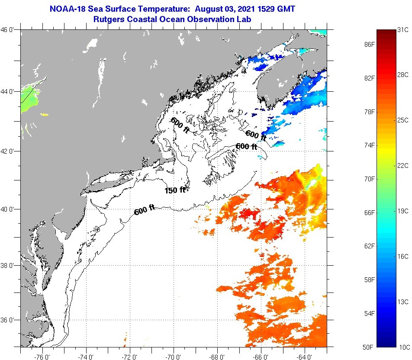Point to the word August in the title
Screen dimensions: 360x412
coord(209,9)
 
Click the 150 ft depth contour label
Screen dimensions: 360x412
coord(174,190)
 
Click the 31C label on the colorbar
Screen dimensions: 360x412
coord(403,29)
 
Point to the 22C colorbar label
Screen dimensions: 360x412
coord(403,165)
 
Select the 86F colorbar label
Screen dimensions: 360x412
coord(369,44)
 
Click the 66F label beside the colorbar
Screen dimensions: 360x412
coord(369,212)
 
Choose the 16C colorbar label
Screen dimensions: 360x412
coord(403,256)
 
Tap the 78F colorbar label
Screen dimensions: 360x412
coord(369,112)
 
